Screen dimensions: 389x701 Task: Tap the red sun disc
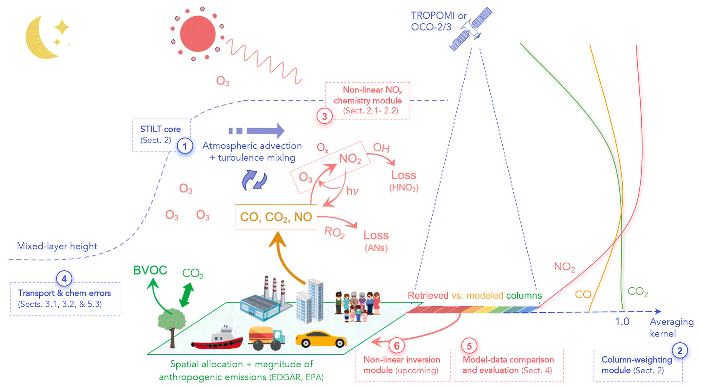tap(198, 34)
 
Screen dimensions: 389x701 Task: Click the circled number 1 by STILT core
tap(185, 146)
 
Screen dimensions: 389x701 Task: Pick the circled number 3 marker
tap(325, 116)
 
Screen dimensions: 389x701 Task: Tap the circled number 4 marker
tap(64, 279)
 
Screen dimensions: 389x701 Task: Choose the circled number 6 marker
tap(396, 346)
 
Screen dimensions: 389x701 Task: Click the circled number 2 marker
tap(679, 351)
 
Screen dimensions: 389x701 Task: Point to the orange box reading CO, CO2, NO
tap(276, 217)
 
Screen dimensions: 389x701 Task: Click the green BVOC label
tap(150, 270)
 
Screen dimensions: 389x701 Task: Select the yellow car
tap(321, 339)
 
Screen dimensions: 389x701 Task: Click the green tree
tap(172, 324)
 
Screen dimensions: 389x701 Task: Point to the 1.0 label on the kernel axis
tap(622, 322)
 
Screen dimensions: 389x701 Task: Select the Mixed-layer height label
tap(57, 246)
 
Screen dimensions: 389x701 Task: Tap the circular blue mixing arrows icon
tap(254, 180)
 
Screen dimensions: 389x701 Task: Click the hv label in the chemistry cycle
tap(352, 191)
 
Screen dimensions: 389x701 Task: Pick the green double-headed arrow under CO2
tap(186, 295)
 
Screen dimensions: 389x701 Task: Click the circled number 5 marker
tap(469, 346)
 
